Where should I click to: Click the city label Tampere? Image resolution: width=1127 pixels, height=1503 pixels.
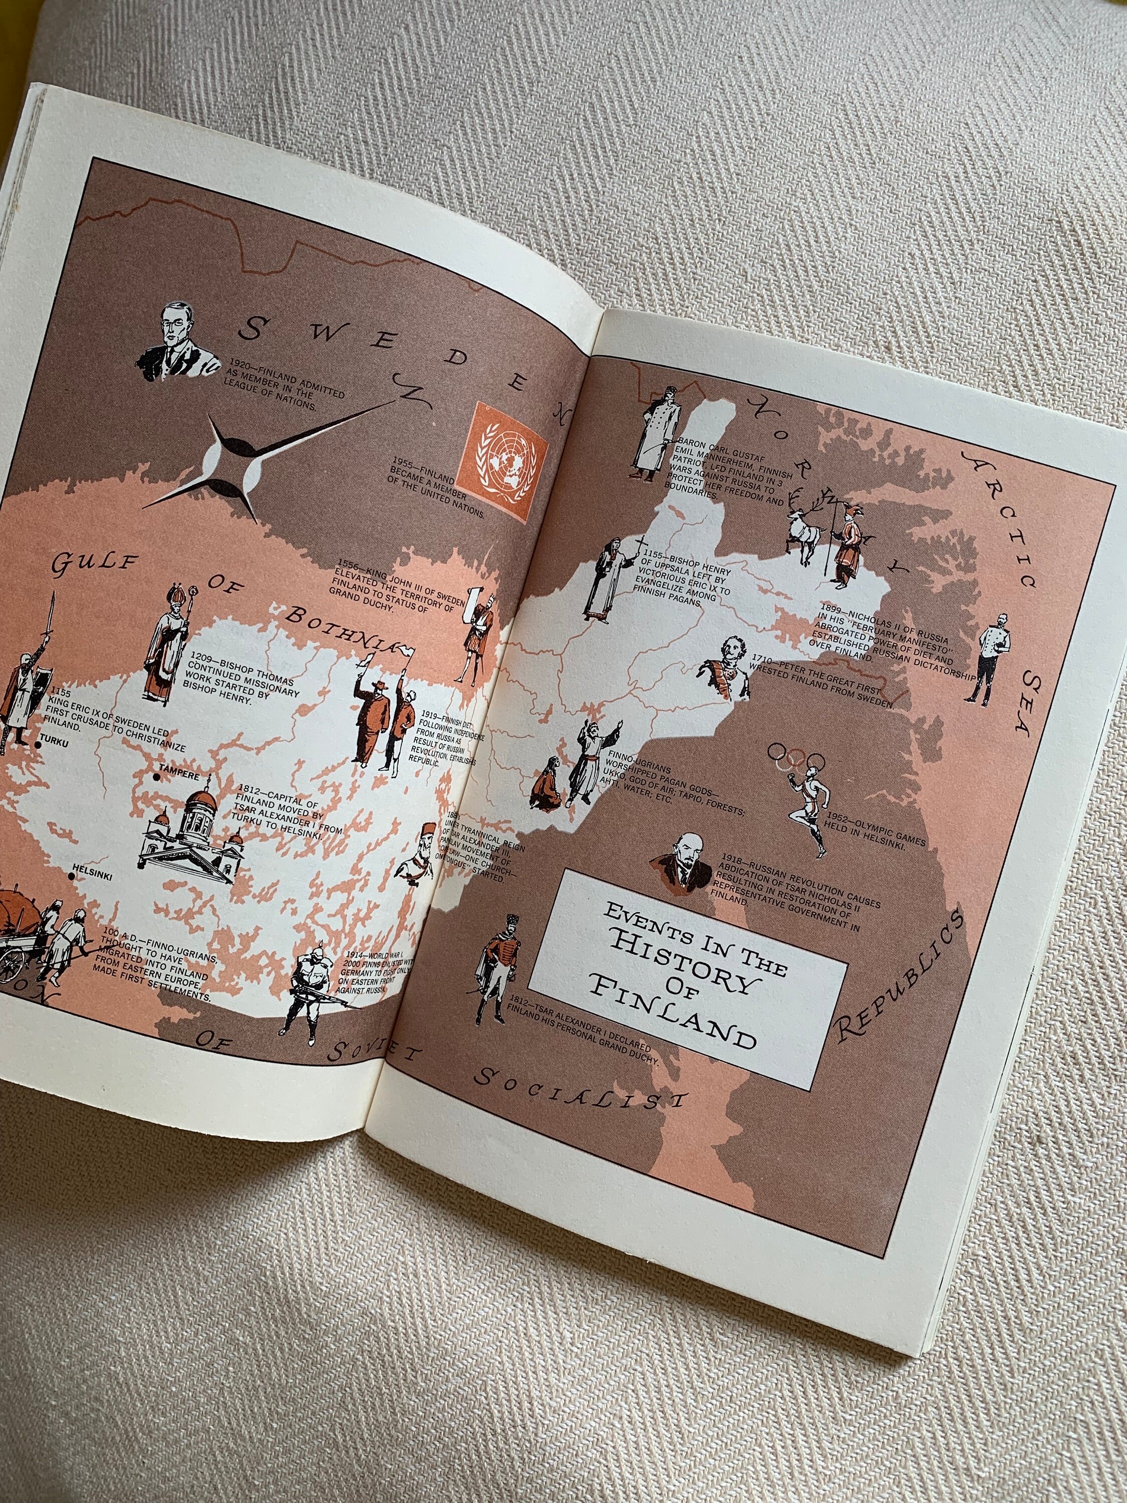click(179, 776)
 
